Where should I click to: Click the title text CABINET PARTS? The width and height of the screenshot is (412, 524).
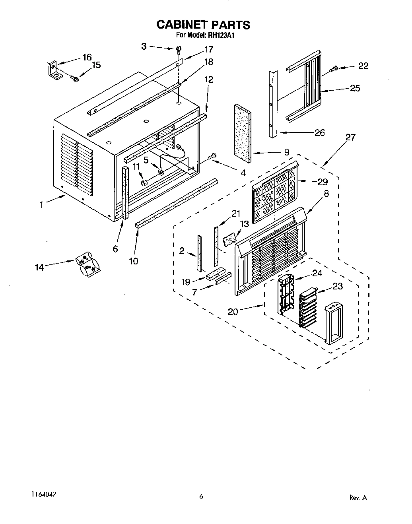203,25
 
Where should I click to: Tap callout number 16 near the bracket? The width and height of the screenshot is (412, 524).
86,57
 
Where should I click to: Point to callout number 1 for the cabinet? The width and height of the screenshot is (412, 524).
41,205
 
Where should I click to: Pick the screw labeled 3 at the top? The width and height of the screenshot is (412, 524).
179,50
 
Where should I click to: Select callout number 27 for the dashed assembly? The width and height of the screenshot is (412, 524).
350,138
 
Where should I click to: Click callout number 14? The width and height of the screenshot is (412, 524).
39,267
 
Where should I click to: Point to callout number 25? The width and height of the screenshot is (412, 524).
354,88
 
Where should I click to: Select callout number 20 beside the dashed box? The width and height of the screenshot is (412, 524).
233,312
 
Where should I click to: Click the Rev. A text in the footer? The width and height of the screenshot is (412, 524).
358,497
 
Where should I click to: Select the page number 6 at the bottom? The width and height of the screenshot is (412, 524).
201,496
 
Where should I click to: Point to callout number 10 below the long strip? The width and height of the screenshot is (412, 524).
133,261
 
